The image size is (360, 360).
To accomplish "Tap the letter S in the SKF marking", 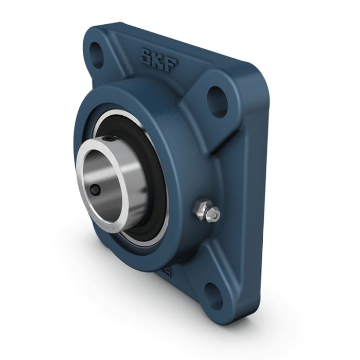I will (146, 55).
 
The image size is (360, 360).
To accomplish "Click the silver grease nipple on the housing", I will (205, 211).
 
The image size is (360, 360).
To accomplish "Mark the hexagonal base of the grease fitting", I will (199, 209).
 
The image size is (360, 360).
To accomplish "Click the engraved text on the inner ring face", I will (111, 219).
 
